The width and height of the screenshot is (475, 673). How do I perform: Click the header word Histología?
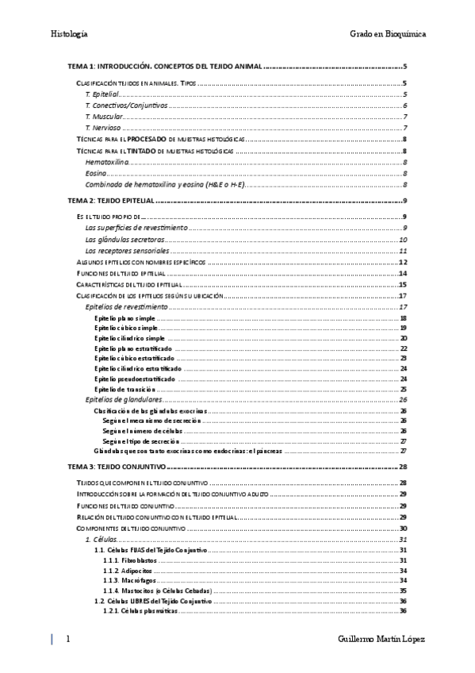69,34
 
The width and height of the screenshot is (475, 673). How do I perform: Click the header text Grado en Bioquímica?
388,34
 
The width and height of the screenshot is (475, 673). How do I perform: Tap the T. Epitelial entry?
102,94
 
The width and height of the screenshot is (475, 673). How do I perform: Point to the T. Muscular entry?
104,117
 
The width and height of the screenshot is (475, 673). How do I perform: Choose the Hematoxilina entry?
106,162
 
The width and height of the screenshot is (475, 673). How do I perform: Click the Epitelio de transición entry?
124,389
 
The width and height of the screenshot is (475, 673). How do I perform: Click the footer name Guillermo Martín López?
381,640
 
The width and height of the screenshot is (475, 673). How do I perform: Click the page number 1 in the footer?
68,640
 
